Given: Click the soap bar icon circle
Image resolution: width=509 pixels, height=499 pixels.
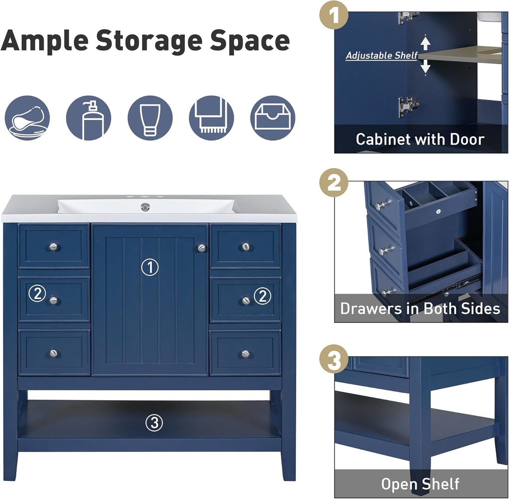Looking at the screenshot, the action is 27,118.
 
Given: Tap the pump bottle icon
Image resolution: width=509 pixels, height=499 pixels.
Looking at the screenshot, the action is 88,118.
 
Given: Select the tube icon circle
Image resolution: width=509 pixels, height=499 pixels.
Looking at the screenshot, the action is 150,118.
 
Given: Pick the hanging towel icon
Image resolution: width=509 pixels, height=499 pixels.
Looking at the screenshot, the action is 211,118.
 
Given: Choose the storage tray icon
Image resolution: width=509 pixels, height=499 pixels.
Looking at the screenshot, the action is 273,118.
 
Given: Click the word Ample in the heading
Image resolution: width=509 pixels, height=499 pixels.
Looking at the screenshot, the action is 44,41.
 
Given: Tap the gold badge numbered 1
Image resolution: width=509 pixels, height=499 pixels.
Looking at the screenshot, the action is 334,15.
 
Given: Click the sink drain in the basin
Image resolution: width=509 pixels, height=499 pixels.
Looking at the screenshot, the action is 145,206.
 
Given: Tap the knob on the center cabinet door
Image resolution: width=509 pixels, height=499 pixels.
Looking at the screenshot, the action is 202,248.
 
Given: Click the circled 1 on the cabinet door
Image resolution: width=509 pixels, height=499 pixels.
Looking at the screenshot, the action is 150,267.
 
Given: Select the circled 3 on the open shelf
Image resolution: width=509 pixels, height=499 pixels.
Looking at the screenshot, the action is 154,422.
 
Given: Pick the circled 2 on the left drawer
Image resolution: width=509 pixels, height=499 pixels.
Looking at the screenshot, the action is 37,293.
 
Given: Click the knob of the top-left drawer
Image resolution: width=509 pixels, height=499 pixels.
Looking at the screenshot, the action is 54,247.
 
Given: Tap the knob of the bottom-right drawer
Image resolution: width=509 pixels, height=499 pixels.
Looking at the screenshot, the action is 246,353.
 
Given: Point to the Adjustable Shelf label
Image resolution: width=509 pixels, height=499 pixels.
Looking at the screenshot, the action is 381,56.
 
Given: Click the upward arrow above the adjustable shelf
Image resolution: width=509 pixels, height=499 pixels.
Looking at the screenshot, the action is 425,44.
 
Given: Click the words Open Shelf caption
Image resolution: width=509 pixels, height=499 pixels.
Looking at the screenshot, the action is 420,484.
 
